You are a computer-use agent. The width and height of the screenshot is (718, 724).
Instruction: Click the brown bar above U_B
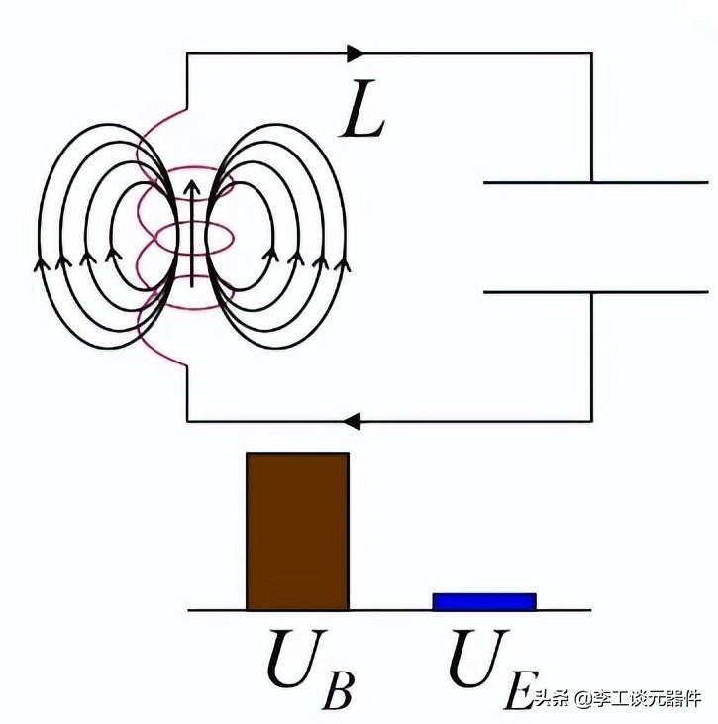(297, 531)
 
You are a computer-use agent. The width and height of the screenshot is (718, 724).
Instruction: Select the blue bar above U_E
(484, 601)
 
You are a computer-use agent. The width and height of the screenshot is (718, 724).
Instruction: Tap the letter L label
(362, 109)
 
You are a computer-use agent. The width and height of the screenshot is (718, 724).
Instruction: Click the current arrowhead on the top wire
(356, 53)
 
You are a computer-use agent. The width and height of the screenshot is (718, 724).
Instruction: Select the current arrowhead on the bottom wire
(352, 421)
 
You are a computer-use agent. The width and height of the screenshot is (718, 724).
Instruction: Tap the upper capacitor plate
(595, 183)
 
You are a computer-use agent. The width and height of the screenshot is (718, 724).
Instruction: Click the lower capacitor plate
(595, 292)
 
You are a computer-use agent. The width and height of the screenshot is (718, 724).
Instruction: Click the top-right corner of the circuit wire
(591, 53)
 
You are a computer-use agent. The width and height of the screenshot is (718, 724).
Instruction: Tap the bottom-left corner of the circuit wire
(187, 421)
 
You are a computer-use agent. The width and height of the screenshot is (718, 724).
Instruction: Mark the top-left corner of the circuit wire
(187, 53)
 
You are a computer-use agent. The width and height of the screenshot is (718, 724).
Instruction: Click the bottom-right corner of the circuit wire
(591, 421)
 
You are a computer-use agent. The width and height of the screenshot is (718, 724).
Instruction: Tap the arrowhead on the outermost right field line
(342, 264)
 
